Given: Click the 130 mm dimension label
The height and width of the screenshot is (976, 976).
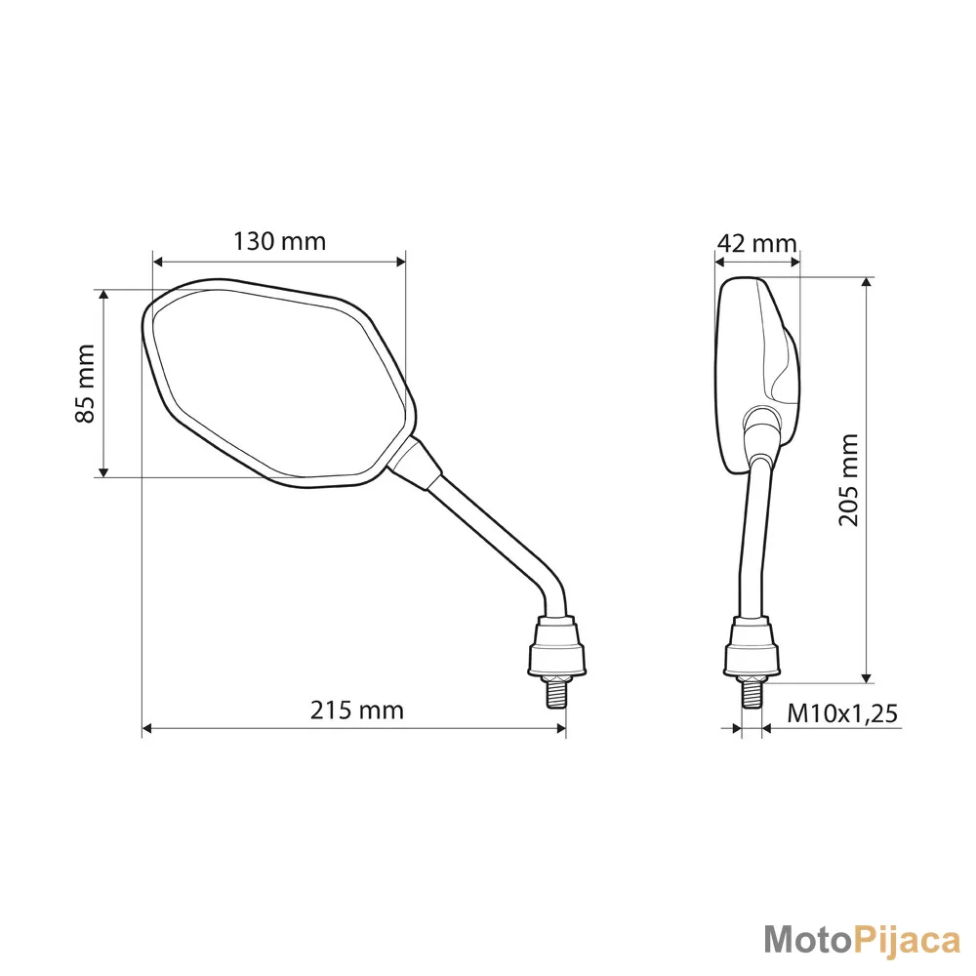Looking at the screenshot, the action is coord(279,241).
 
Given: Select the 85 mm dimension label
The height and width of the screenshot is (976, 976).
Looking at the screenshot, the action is coord(85,384).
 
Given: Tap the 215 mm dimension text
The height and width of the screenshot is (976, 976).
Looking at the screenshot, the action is coord(356,710).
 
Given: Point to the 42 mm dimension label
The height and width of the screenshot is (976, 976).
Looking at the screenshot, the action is coord(757,243).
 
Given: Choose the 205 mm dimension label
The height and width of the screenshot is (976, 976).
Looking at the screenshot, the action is coord(848,480).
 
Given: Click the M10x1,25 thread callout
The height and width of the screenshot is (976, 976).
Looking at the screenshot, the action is coord(843,713).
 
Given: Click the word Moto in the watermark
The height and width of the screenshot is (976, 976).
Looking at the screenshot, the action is coord(807,939).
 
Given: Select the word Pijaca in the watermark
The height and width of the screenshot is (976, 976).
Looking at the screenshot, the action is coord(906,941).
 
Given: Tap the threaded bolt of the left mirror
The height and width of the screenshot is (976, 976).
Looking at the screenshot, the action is coord(557,692).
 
